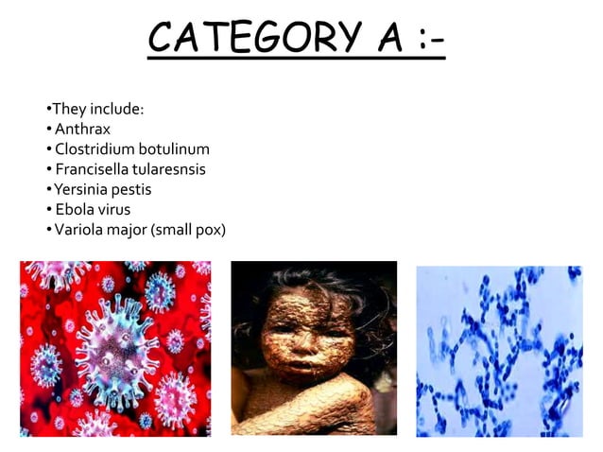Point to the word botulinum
(x=174, y=148)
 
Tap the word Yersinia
(x=81, y=189)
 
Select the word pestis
(x=132, y=189)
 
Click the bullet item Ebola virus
(x=92, y=209)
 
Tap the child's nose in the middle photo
(x=301, y=345)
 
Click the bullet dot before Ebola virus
(x=48, y=210)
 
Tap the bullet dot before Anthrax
(x=48, y=129)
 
